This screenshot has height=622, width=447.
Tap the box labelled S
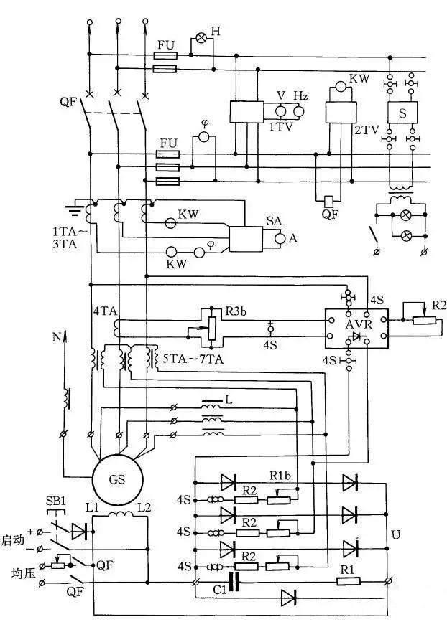coord(402,112)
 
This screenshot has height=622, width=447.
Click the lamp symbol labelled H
coord(202,38)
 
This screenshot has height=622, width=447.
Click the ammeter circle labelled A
coord(280,238)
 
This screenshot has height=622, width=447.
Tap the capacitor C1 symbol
coord(234,582)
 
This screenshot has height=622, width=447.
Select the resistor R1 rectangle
coord(349,582)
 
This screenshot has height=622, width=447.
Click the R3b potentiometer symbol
coord(212,329)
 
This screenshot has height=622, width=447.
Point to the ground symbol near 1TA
coord(75,209)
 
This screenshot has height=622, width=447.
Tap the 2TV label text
coord(367,130)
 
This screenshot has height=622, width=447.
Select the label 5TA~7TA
coord(193,359)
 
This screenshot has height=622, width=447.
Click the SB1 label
coord(55,501)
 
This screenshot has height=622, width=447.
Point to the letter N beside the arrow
coord(57,337)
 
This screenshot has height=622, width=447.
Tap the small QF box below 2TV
coord(329,202)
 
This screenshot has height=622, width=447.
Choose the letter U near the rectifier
coord(396,534)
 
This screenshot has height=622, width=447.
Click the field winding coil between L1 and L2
coord(121,514)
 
